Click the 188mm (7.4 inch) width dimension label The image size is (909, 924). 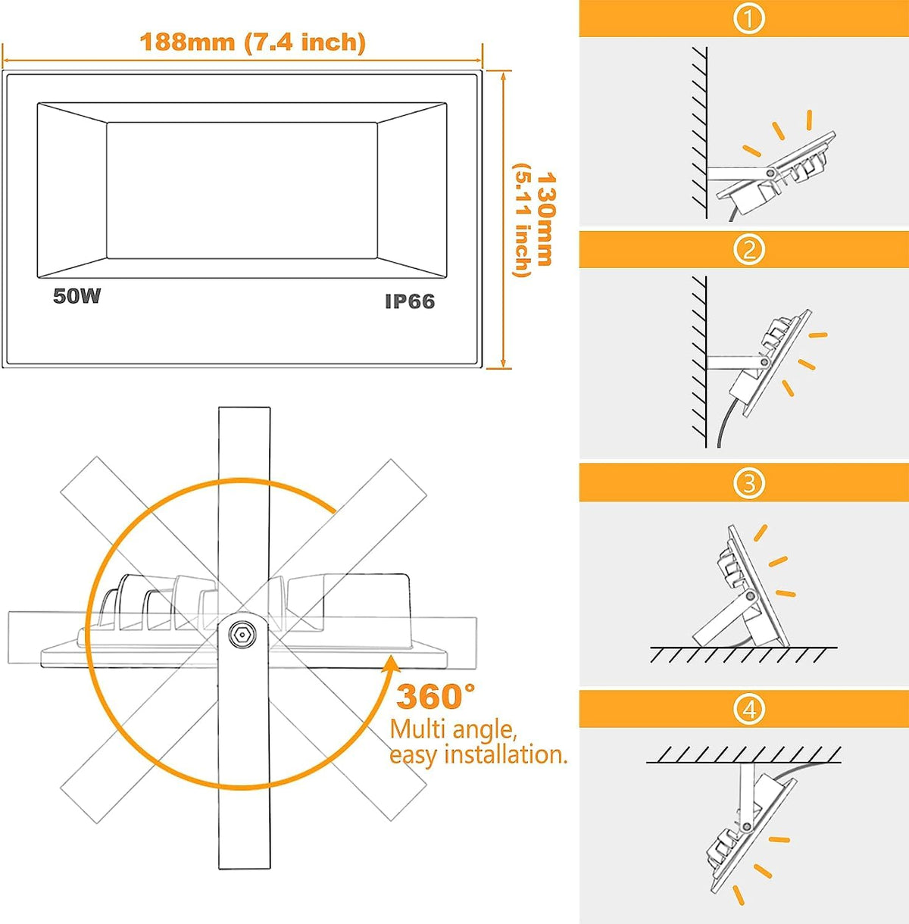[252, 42]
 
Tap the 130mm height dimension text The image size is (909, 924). [546, 219]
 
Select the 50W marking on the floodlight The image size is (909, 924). [77, 296]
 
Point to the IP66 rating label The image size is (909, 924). [410, 301]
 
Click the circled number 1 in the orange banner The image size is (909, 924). [749, 18]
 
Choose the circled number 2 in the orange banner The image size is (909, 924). [749, 249]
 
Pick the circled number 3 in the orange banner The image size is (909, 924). [749, 483]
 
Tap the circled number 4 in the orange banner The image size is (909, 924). [749, 709]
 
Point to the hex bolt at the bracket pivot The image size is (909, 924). [242, 635]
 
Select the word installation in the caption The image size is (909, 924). [505, 754]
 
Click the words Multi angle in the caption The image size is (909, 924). [453, 730]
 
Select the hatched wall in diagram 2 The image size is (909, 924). [699, 363]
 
